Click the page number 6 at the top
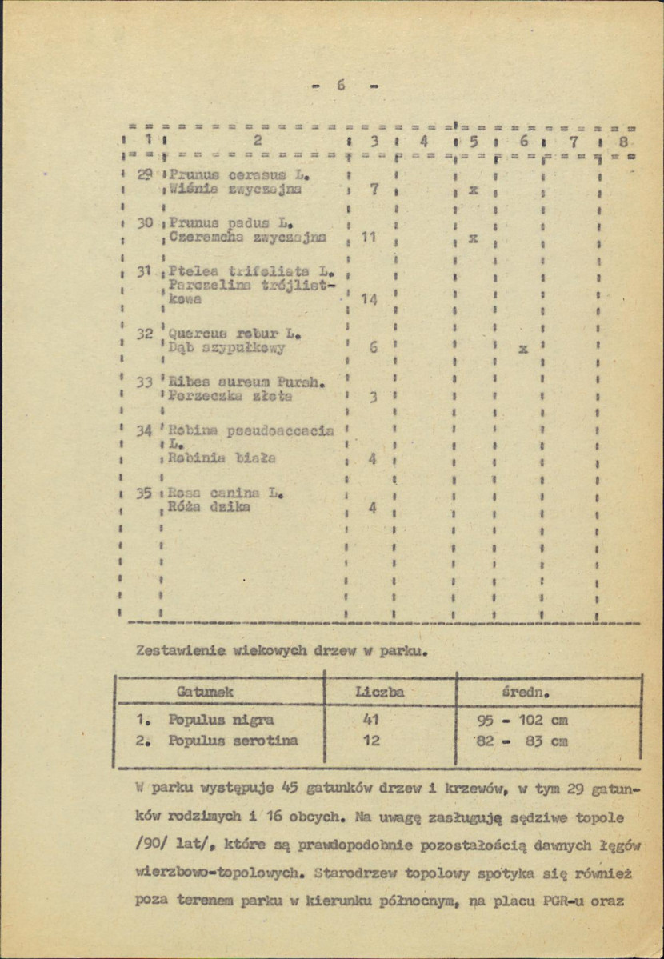click(x=340, y=86)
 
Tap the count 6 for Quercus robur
click(x=373, y=349)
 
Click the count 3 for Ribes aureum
click(x=373, y=397)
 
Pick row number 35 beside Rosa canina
click(x=143, y=493)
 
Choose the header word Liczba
click(x=379, y=690)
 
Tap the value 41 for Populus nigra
click(x=371, y=720)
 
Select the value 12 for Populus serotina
click(x=371, y=741)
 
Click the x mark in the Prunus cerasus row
click(x=473, y=191)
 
